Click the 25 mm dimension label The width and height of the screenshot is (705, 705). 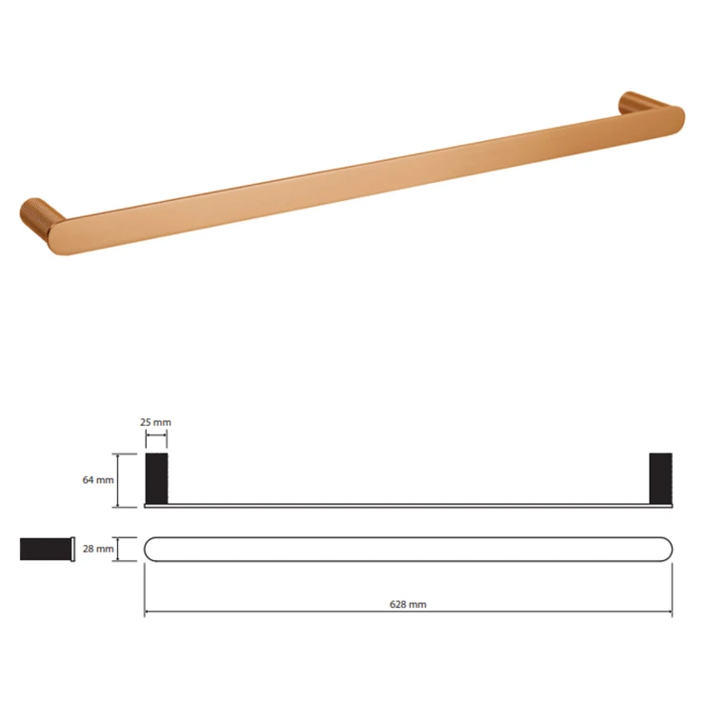coord(155,422)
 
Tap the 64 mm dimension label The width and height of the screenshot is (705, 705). coord(98,480)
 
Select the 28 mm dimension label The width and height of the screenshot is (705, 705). coord(98,549)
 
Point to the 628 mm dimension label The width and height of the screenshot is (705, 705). coord(408,604)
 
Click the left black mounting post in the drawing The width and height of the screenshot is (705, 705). coord(156,478)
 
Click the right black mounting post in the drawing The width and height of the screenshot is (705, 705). coord(661,478)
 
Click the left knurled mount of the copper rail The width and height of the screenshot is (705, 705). coord(37,214)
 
